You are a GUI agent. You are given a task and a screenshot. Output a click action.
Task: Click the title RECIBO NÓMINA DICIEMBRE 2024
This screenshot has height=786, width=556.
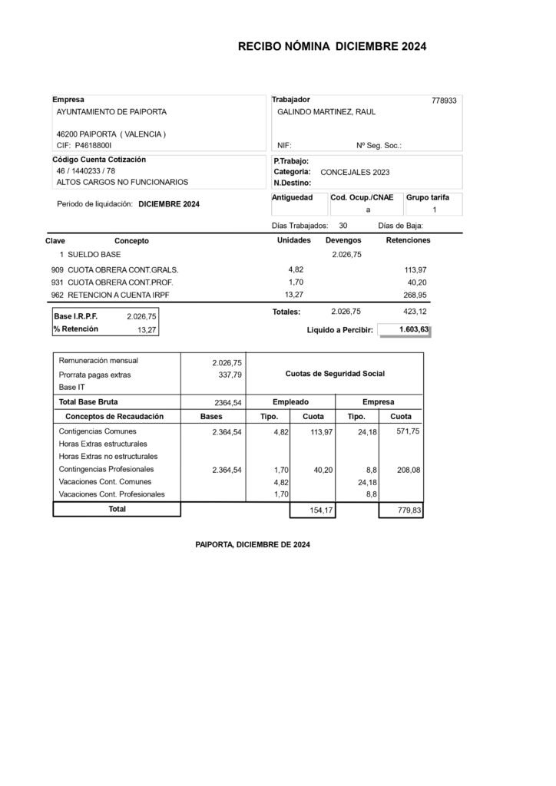click(332, 47)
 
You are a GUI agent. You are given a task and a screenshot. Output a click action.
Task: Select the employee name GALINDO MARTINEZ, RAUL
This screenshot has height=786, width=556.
click(326, 112)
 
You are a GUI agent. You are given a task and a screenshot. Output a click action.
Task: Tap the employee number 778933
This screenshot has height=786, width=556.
click(444, 101)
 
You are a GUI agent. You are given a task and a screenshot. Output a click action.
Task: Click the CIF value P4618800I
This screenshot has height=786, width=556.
click(94, 144)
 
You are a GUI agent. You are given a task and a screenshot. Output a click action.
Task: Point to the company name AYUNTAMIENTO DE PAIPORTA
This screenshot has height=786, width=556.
click(111, 112)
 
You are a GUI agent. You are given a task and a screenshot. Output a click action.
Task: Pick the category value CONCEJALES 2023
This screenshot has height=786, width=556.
click(355, 173)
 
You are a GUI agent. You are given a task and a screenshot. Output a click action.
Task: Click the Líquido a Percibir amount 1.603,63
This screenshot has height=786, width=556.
click(414, 329)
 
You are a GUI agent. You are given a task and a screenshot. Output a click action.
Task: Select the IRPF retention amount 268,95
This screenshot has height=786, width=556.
click(415, 295)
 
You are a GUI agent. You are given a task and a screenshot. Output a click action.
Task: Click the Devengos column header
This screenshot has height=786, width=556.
click(343, 240)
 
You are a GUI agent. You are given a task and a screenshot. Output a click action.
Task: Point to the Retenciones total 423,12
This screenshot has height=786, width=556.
click(415, 312)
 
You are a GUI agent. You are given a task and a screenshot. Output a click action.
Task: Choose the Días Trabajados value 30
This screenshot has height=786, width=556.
click(343, 226)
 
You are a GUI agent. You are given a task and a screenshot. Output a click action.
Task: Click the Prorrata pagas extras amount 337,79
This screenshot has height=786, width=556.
click(230, 375)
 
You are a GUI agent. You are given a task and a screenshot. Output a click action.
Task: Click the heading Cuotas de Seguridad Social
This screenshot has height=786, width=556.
click(335, 374)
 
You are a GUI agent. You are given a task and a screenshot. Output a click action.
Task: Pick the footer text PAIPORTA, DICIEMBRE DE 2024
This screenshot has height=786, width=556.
click(253, 545)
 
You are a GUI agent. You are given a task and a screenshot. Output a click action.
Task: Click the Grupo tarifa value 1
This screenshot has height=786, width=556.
click(434, 210)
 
